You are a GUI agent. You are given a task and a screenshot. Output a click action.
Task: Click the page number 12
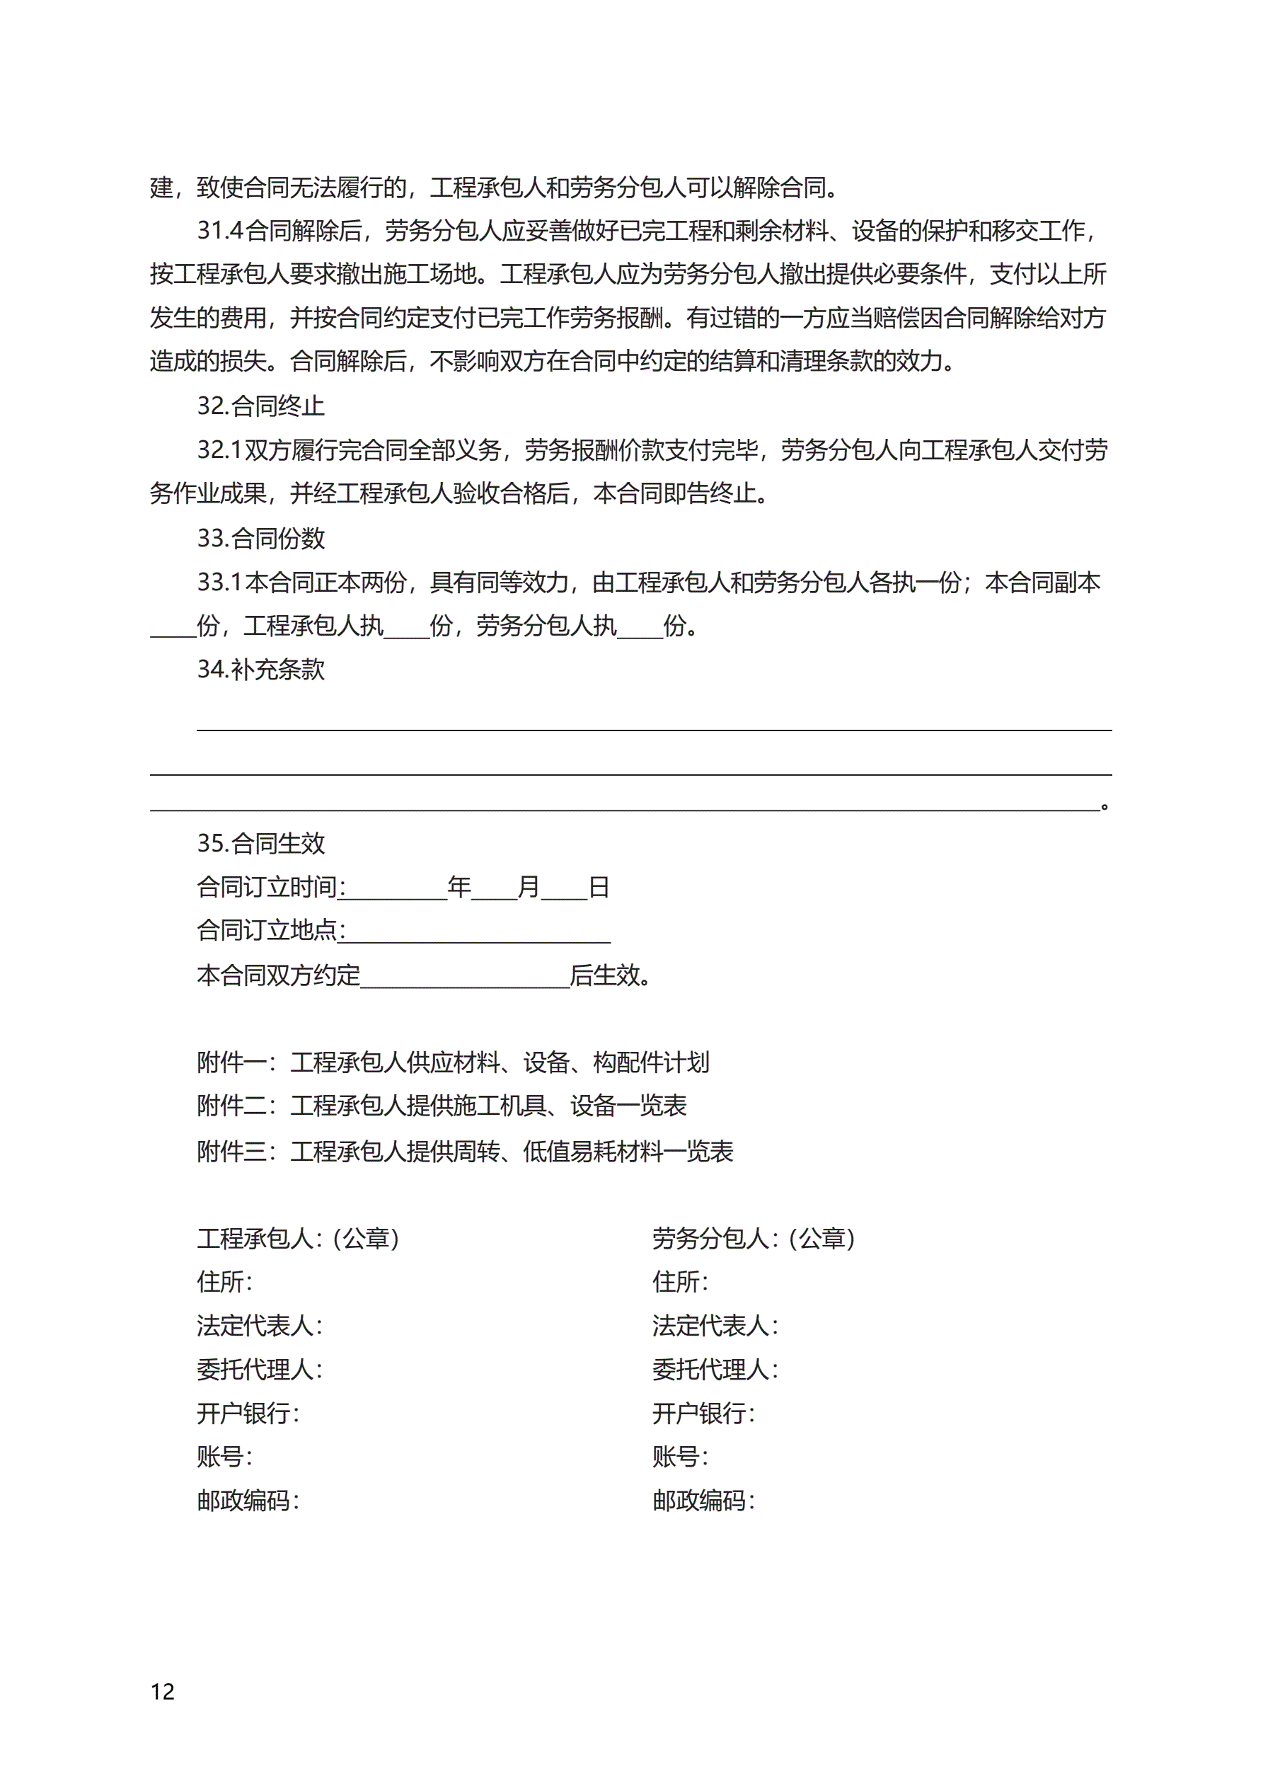(x=162, y=1692)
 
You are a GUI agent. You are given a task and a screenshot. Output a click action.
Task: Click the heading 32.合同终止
(x=260, y=406)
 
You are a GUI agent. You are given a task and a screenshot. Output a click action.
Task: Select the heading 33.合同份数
(x=260, y=538)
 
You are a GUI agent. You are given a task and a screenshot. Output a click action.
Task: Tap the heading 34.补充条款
(x=260, y=670)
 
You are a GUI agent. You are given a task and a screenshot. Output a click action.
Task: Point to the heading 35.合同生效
(x=260, y=843)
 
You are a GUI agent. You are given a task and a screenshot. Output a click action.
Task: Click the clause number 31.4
(x=219, y=231)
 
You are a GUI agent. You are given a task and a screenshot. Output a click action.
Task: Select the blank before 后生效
(x=465, y=976)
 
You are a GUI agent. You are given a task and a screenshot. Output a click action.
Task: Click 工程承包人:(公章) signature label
(x=297, y=1238)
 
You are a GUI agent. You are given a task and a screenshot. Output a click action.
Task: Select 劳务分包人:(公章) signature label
(x=753, y=1238)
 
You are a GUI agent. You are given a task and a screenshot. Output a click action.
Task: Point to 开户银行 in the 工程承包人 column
(x=247, y=1414)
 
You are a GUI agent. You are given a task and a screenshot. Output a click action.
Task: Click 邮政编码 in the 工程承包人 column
(x=247, y=1501)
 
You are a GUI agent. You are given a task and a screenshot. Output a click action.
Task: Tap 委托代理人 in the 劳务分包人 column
(x=714, y=1370)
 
